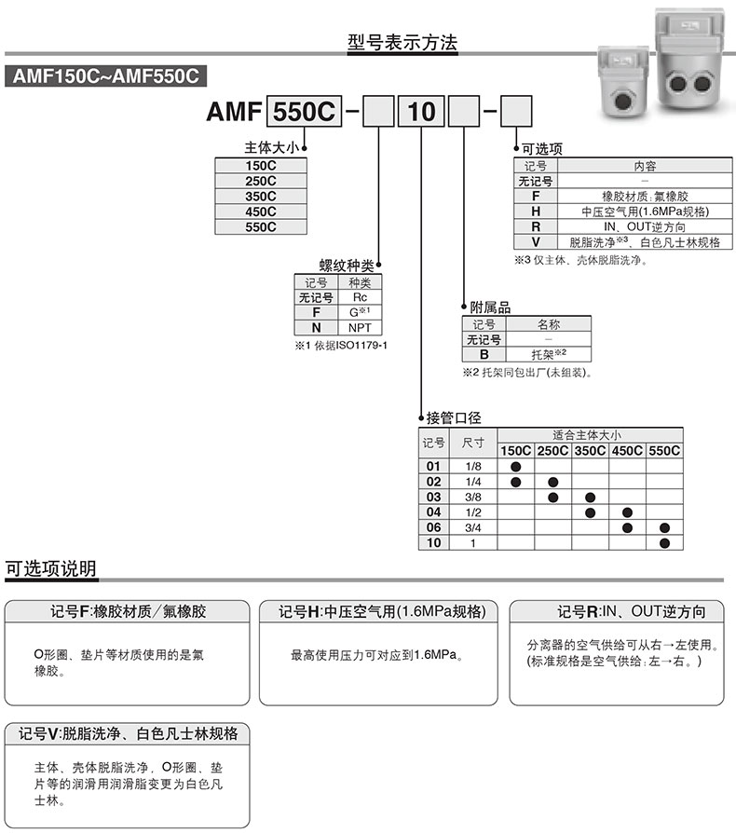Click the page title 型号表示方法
(x=402, y=42)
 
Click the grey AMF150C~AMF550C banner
(x=103, y=77)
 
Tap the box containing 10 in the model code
(x=422, y=114)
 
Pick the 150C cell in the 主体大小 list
(x=260, y=166)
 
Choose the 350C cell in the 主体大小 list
(x=260, y=196)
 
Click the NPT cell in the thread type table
(x=360, y=328)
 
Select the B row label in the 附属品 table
(x=484, y=355)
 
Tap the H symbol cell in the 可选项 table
(x=536, y=212)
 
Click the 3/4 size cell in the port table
(x=473, y=527)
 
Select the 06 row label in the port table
(x=433, y=527)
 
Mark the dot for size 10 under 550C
(x=664, y=542)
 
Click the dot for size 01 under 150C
(x=515, y=466)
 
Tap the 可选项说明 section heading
(x=50, y=568)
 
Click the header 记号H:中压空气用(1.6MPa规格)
(x=383, y=612)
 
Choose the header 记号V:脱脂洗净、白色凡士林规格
(x=128, y=733)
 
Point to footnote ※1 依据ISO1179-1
(x=340, y=347)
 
